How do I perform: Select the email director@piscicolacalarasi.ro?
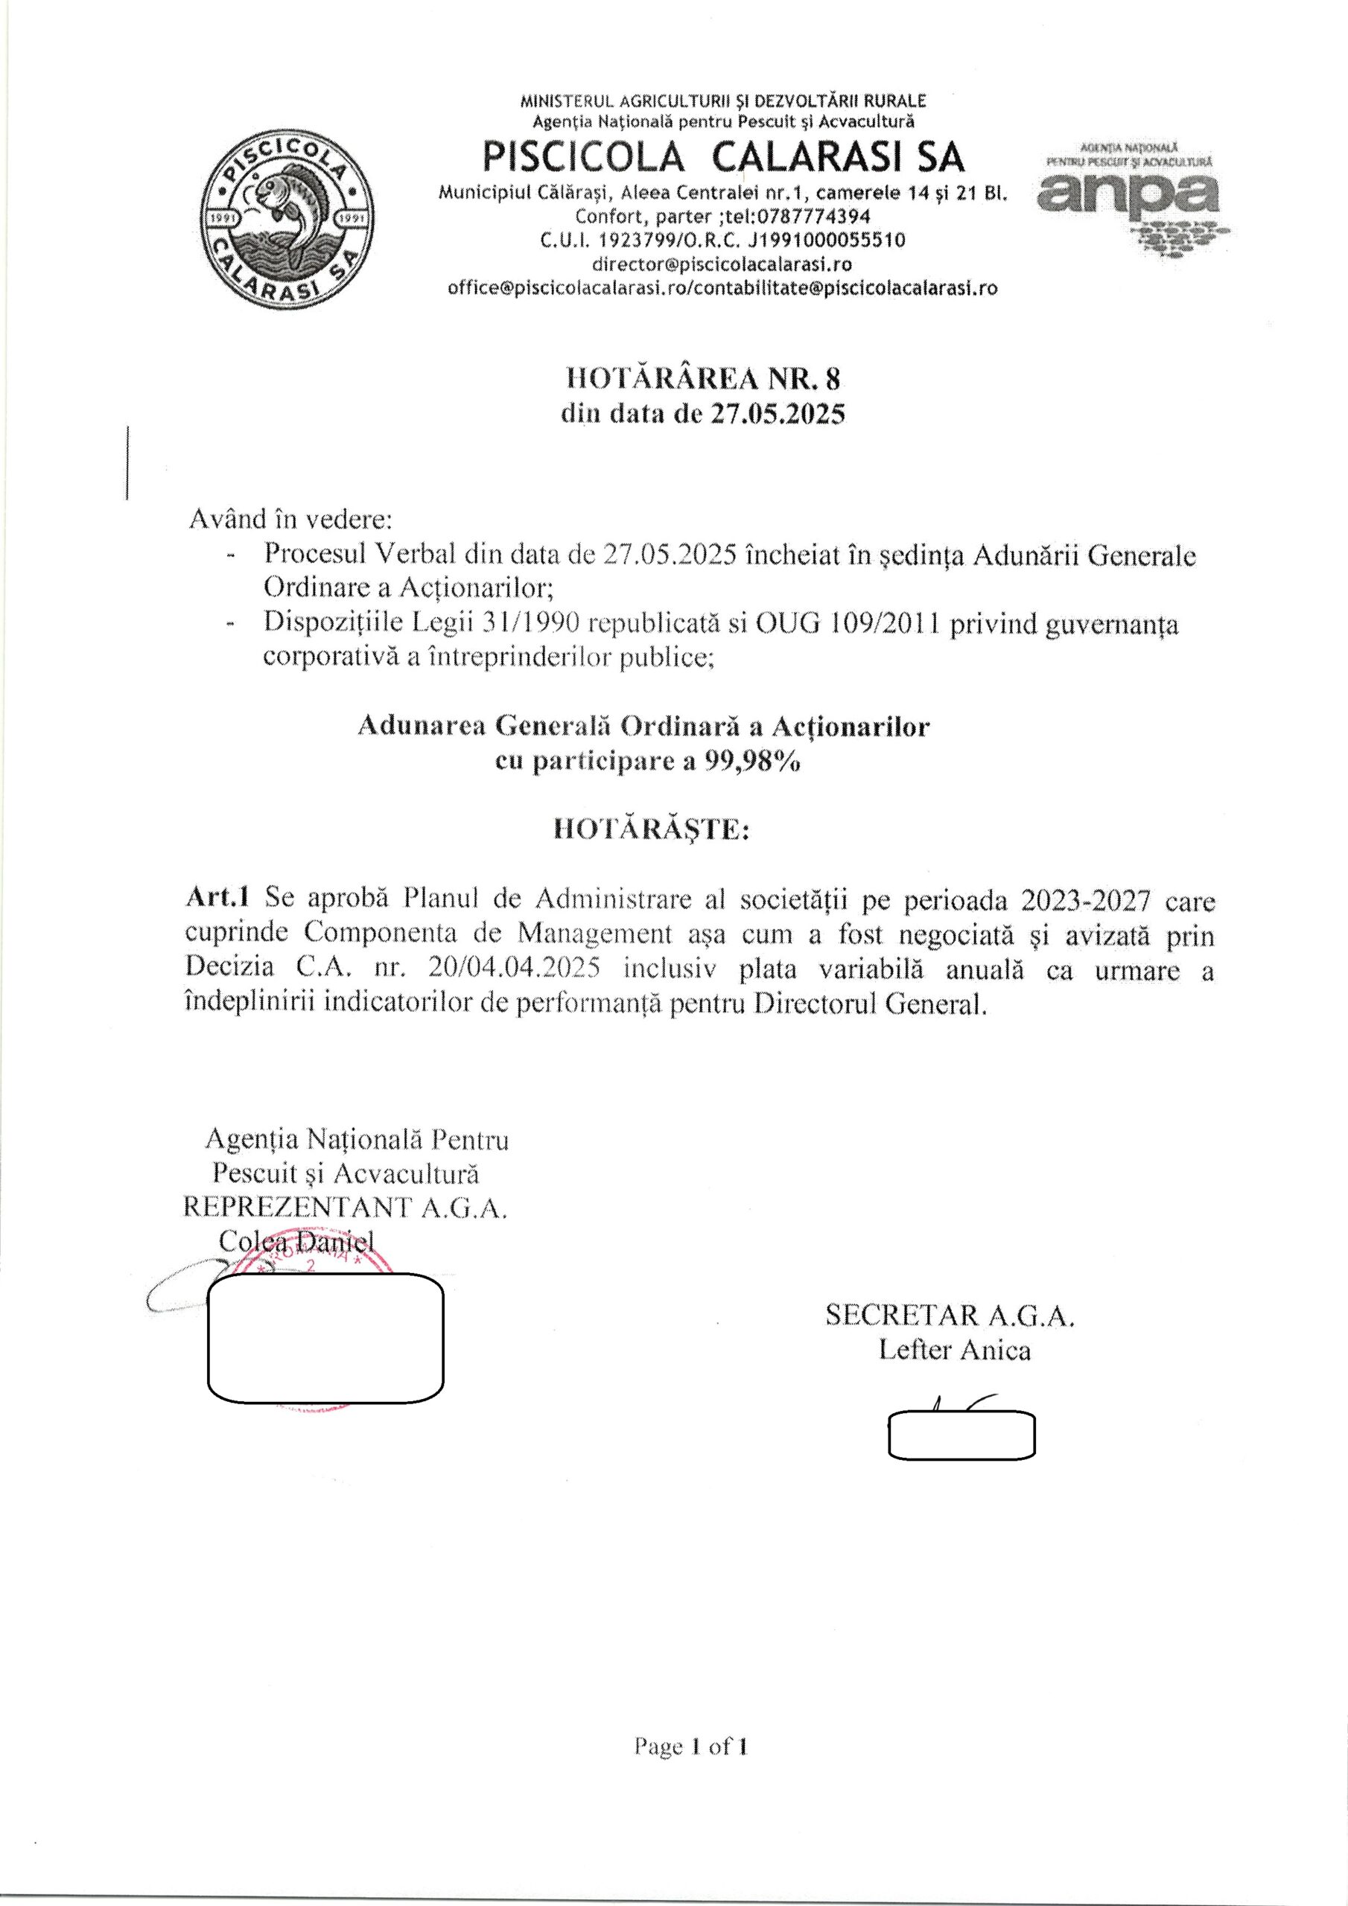[x=722, y=264]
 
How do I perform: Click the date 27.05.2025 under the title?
[x=776, y=414]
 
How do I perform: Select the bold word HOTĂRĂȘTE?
[x=651, y=830]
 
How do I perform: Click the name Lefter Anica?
[x=954, y=1351]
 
